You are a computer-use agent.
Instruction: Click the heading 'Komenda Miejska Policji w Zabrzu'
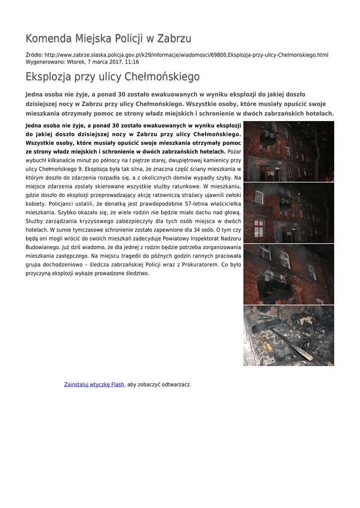108,38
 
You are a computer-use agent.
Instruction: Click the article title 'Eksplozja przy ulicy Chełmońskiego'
113,77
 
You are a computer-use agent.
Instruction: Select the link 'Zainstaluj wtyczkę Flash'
94,384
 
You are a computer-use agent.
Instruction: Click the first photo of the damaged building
288,151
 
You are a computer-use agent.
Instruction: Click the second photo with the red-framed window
288,212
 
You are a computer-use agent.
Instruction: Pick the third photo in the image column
288,274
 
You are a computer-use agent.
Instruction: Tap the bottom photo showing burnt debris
288,335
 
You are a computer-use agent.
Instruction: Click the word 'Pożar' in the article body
234,151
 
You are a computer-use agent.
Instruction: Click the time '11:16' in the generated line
132,62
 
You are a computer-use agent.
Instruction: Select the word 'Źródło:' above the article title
34,55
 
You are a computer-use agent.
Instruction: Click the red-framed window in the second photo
259,228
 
